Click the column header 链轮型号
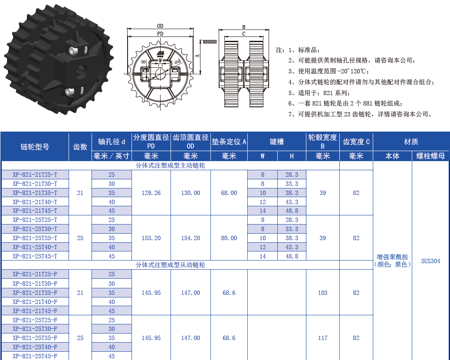pos(35,147)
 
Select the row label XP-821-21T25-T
pos(35,175)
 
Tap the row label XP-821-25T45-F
pos(35,356)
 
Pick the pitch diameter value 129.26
pos(151,193)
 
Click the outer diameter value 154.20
pos(191,238)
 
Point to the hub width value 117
pos(322,338)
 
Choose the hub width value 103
pos(322,293)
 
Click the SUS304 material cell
pos(430,261)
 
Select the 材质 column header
pos(411,142)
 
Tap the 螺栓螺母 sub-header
pos(430,156)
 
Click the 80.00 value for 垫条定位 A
pos(229,238)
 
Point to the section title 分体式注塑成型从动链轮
pos(170,265)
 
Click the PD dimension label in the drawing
pos(160,33)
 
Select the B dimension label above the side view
pos(244,27)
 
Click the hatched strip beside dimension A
pos(210,42)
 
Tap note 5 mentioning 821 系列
pos(319,92)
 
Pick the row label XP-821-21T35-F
pos(35,293)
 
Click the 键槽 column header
pos(276,142)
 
